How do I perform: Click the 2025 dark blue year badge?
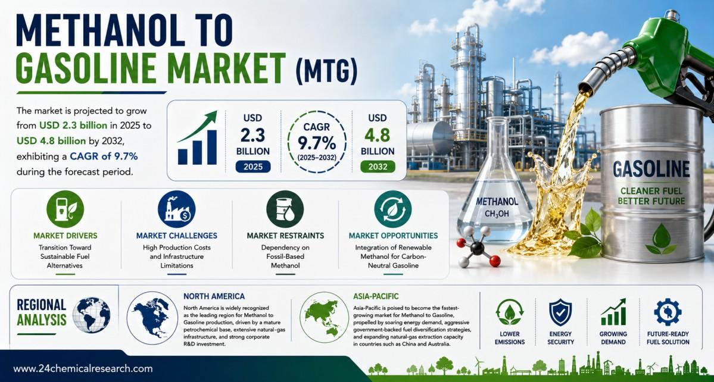coord(252,167)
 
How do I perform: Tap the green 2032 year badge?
coord(378,167)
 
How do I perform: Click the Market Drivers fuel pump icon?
coord(65,209)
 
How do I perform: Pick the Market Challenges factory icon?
coord(177,209)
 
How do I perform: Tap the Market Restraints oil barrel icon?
coord(285,209)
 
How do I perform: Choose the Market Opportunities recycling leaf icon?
coord(393,209)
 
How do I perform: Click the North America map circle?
coord(152,317)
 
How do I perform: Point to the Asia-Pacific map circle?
coord(325,317)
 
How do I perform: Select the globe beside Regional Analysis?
coord(92,315)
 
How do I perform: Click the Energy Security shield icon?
coord(560,312)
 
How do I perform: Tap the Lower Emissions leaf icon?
coord(509,312)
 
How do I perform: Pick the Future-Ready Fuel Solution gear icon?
coord(668,312)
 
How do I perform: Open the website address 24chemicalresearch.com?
coord(83,368)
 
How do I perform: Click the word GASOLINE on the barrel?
coord(651,170)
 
